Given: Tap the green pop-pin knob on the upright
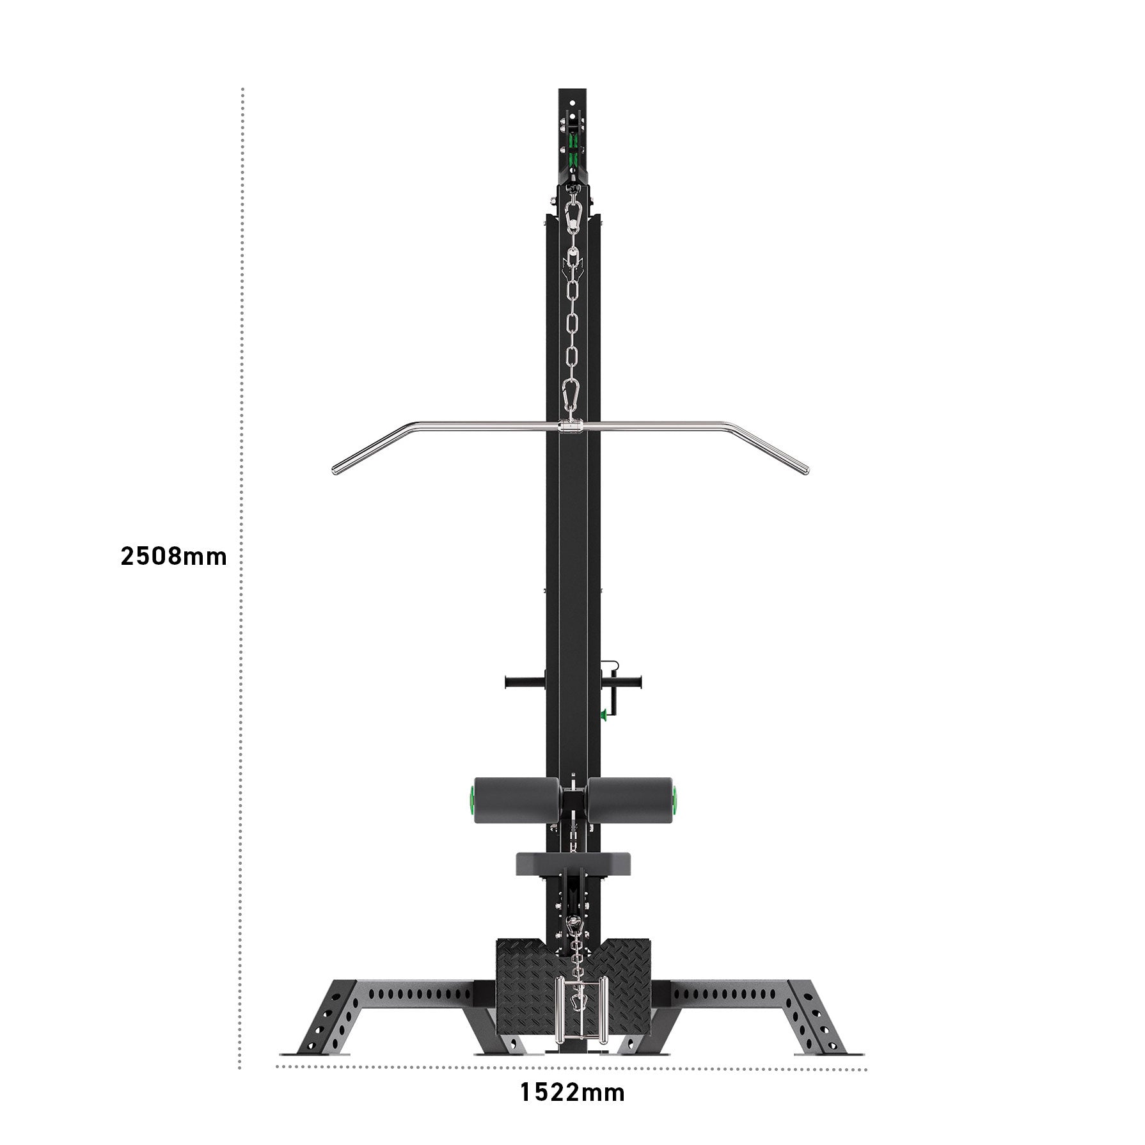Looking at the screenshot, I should pos(603,715).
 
